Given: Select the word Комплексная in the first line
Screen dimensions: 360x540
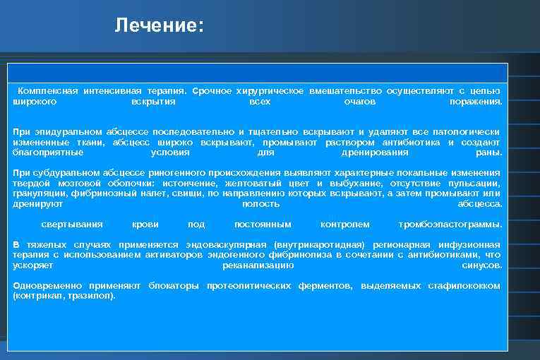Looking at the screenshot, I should pos(47,91).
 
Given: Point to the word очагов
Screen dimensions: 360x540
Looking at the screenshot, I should pos(359,102).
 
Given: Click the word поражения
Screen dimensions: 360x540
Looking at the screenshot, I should pos(476,102).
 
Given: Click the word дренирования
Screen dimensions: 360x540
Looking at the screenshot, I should pos(374,152).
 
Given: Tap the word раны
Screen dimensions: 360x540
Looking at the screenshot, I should pos(489,152).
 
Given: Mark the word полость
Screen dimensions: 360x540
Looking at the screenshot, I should pos(260,204).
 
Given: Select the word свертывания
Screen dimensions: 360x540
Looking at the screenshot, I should pos(72,224).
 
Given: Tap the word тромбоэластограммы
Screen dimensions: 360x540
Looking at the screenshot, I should pos(450,224).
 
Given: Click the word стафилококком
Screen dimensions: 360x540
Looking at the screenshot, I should pos(464,286).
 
